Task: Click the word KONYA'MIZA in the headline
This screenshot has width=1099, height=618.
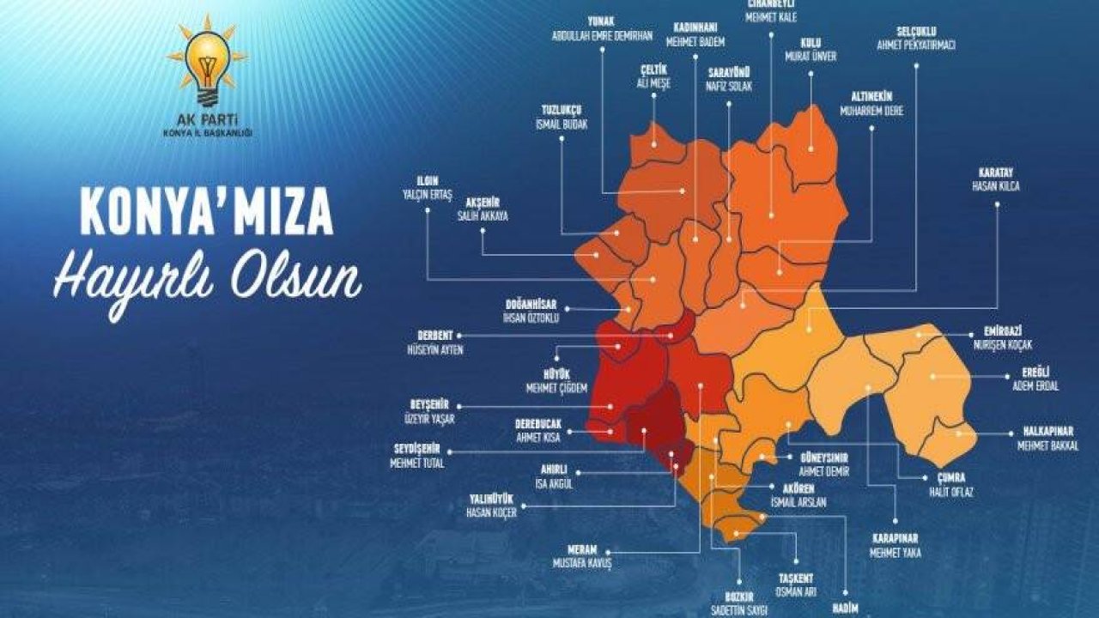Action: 206,210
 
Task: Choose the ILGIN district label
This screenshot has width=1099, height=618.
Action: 428,181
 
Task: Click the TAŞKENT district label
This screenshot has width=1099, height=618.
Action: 796,578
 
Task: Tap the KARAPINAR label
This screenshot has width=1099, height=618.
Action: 895,538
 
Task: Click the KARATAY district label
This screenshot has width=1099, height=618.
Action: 996,172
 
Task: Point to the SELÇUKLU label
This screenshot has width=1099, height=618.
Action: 915,32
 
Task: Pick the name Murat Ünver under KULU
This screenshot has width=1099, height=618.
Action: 811,57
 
